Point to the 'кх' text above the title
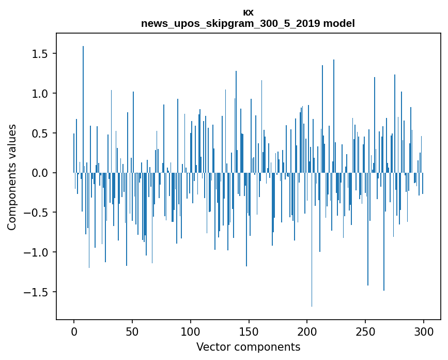(248, 12)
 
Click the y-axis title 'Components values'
(12, 177)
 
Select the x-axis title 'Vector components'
(248, 347)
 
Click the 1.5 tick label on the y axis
(39, 54)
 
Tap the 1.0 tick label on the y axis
(39, 94)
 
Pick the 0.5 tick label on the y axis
(39, 133)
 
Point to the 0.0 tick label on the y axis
(39, 173)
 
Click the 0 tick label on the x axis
(74, 331)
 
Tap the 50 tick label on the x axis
(132, 331)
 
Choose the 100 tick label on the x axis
(190, 331)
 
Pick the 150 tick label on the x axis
(249, 331)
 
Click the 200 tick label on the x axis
(307, 331)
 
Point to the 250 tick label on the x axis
(365, 331)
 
